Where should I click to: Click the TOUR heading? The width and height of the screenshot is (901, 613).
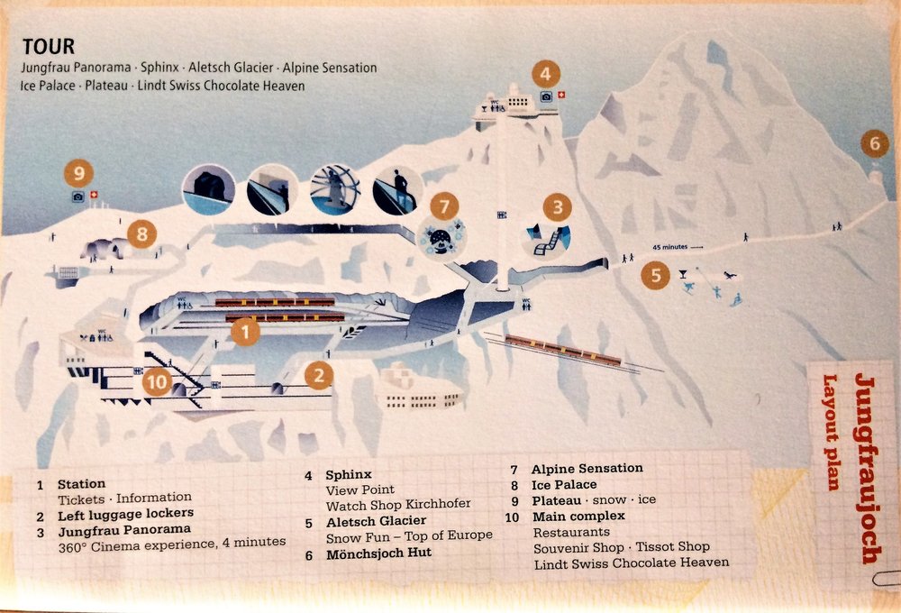(x=49, y=46)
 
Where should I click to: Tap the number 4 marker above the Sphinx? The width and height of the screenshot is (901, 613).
(x=545, y=74)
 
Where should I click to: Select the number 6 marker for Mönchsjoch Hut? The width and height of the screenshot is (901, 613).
(x=875, y=143)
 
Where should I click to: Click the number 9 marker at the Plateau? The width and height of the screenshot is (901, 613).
(x=78, y=173)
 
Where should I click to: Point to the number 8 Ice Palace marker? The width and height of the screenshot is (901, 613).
(x=142, y=234)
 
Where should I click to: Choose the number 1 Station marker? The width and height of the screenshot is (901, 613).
(x=245, y=332)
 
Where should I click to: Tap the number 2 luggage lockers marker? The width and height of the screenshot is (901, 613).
(x=319, y=376)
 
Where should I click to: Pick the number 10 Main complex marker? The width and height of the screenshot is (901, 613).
(x=157, y=382)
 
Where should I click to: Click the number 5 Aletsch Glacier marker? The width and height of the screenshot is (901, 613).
(x=656, y=276)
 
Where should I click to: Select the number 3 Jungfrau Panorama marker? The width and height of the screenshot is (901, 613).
(x=557, y=207)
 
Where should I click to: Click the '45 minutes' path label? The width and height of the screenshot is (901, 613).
(x=670, y=247)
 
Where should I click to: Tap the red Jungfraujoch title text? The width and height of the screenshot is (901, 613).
(x=866, y=469)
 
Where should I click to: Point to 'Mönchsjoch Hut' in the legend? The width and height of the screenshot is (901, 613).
(x=378, y=554)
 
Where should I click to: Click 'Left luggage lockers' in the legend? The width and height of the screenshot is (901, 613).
(x=126, y=514)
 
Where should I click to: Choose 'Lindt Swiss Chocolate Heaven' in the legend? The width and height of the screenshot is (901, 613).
(x=632, y=563)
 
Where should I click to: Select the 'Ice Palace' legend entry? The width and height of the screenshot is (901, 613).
(x=564, y=485)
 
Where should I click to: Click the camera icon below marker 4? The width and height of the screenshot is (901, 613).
(x=546, y=96)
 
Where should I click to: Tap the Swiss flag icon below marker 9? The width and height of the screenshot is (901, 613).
(x=95, y=195)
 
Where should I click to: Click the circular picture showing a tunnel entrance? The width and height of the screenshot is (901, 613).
(x=209, y=189)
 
